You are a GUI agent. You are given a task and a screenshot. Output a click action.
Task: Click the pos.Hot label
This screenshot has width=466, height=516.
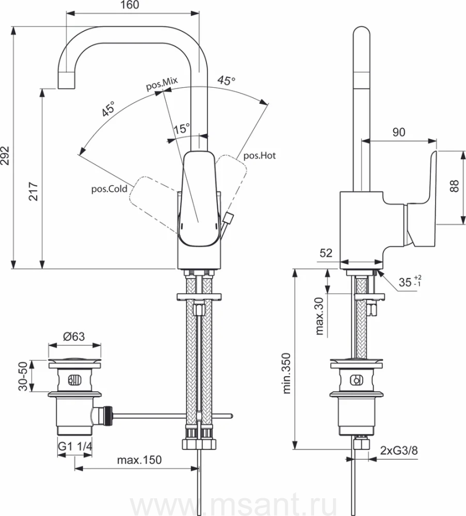[x=260, y=155]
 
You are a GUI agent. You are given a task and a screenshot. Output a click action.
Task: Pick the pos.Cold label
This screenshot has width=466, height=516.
[x=109, y=188]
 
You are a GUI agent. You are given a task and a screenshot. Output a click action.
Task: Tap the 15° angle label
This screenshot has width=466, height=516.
[x=181, y=129]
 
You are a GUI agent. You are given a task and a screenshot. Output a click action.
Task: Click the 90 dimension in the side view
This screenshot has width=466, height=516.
[x=398, y=132]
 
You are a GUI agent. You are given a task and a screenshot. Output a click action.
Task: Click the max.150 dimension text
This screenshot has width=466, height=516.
[x=139, y=460]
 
